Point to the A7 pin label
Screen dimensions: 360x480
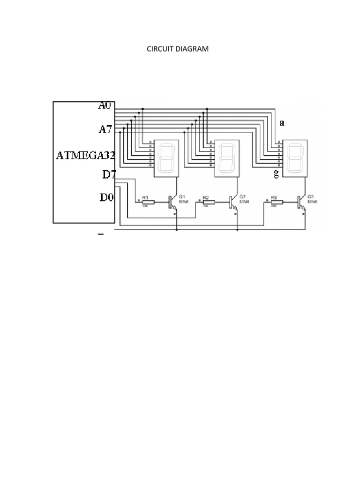105,129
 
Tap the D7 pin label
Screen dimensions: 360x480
109,175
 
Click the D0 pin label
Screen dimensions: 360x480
107,197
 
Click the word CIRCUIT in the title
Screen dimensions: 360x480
161,49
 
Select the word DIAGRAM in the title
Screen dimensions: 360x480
192,49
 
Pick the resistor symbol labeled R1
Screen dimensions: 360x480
148,202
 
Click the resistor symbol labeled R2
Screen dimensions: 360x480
209,202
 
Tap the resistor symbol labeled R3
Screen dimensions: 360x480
277,202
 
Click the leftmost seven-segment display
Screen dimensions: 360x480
166,158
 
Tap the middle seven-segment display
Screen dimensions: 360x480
227,158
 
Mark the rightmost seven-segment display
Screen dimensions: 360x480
294,158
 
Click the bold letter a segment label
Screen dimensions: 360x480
282,123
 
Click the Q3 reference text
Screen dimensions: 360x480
310,196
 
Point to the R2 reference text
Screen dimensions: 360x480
205,197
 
